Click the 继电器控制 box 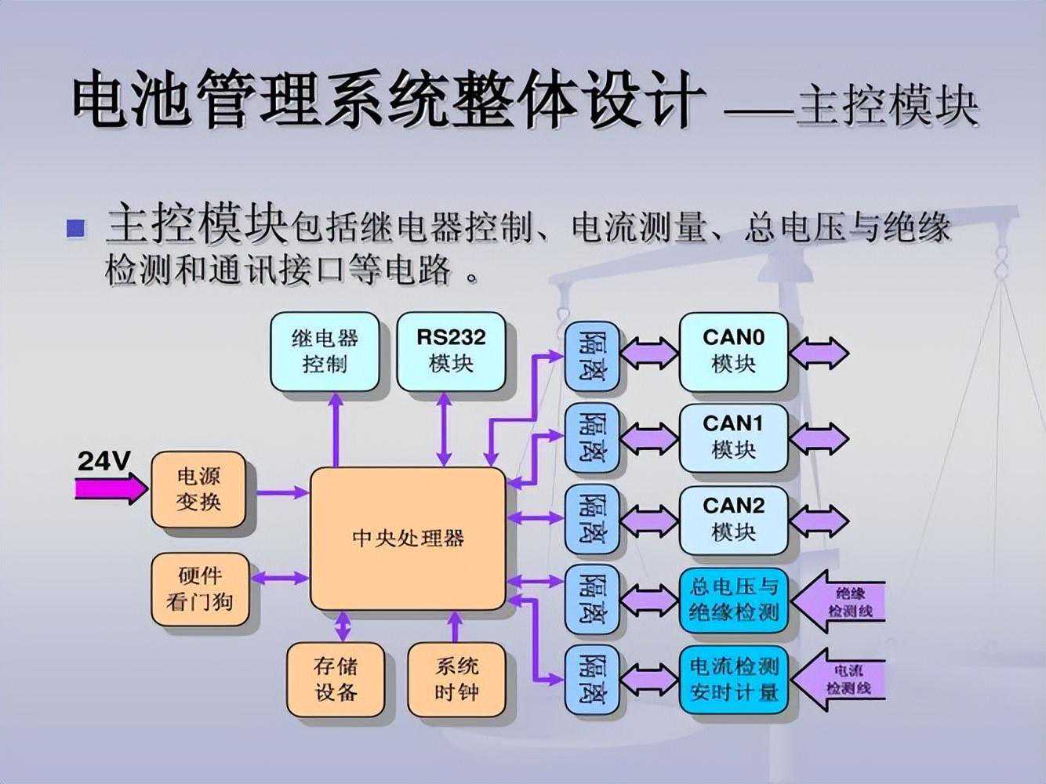(325, 352)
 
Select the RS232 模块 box (451, 352)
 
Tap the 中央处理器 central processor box (408, 539)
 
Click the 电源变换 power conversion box (198, 489)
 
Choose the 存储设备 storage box (336, 680)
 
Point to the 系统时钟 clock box (456, 680)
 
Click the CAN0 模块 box (733, 352)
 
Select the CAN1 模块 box (733, 437)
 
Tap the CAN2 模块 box (733, 520)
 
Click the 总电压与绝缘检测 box (733, 599)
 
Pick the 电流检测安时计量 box (733, 680)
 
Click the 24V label (103, 462)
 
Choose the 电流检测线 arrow (843, 680)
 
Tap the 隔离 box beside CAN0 (592, 355)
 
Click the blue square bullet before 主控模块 (76, 228)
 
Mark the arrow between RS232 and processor (445, 428)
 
